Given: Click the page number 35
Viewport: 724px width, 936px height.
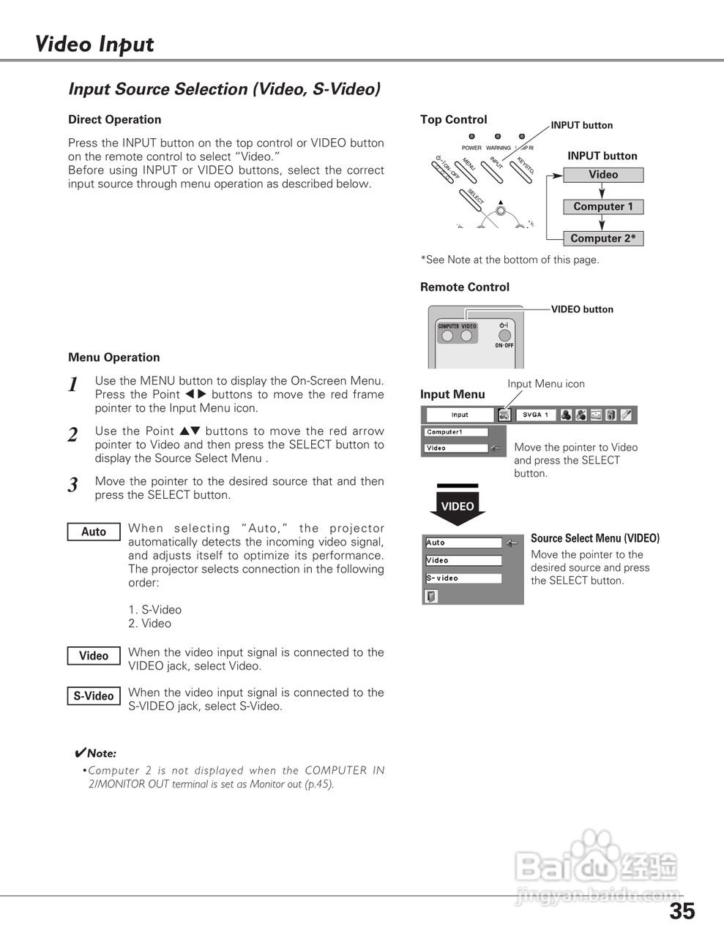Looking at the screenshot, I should pyautogui.click(x=682, y=911).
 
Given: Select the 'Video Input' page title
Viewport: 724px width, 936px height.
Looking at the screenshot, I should pyautogui.click(x=94, y=45).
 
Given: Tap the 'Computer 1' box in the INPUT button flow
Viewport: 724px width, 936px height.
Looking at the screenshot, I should pyautogui.click(x=603, y=207).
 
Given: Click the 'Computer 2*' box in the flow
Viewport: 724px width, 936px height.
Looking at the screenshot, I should pyautogui.click(x=603, y=238).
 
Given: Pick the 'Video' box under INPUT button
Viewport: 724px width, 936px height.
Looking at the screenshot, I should pyautogui.click(x=603, y=175).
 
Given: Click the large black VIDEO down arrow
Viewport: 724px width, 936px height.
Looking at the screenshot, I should pyautogui.click(x=458, y=505).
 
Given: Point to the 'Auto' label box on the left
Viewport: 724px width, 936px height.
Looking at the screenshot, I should pyautogui.click(x=94, y=532).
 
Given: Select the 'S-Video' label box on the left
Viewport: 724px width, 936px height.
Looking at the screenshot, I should pyautogui.click(x=94, y=696).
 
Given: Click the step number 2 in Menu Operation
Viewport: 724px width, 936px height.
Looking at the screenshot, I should pyautogui.click(x=72, y=435).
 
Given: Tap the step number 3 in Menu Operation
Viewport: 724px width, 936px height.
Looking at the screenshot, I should pyautogui.click(x=72, y=485).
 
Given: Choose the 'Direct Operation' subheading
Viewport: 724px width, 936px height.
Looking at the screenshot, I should pyautogui.click(x=114, y=120).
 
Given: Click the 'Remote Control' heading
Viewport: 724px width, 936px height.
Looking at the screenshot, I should pyautogui.click(x=464, y=287).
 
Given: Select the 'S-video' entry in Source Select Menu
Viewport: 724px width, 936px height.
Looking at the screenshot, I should pyautogui.click(x=463, y=578).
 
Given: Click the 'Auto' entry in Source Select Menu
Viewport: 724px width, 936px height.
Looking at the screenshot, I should pyautogui.click(x=463, y=543).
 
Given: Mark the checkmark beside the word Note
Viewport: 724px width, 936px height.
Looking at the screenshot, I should pyautogui.click(x=81, y=753).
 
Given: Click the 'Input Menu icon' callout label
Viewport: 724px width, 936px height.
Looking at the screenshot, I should pyautogui.click(x=546, y=384).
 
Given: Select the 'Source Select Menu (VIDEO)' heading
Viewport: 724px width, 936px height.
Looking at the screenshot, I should pyautogui.click(x=595, y=538).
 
